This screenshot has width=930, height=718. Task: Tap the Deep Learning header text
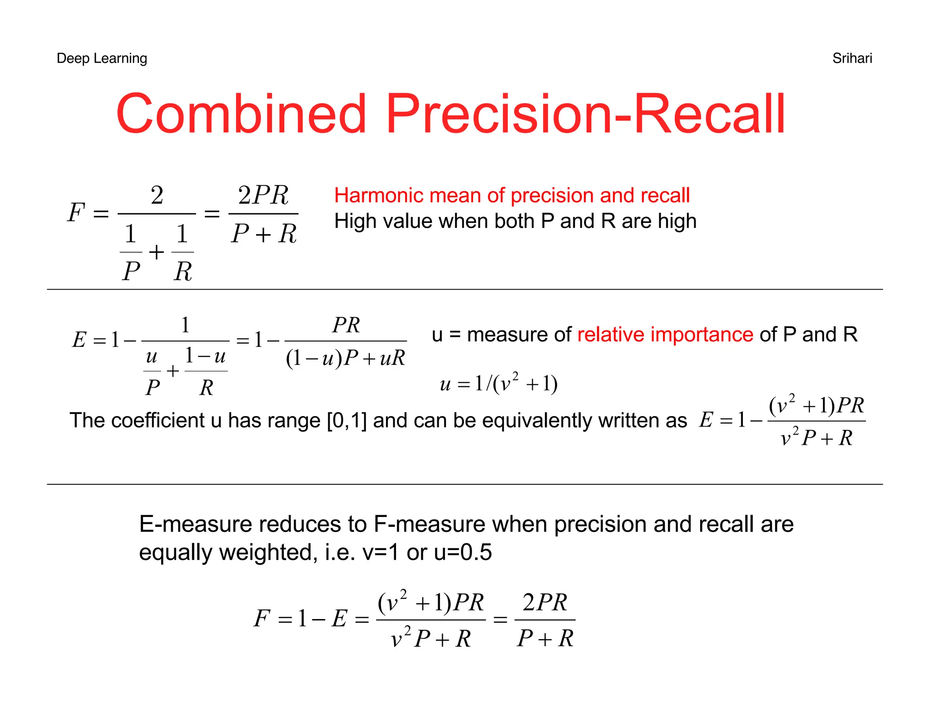(x=102, y=58)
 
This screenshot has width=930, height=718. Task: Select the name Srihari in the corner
(x=852, y=58)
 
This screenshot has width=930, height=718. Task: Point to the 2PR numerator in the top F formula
(x=263, y=196)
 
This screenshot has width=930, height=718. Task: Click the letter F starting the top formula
(x=76, y=212)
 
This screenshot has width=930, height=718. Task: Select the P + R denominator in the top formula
(x=263, y=234)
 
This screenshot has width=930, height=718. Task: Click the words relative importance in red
(x=665, y=334)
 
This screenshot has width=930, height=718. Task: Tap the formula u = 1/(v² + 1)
(x=499, y=384)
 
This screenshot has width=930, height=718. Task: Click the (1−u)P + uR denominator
(x=345, y=359)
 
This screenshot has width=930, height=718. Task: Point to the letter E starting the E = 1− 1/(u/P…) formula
(x=79, y=340)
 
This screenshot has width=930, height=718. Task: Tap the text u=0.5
(x=463, y=553)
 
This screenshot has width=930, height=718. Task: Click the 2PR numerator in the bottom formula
(x=544, y=603)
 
